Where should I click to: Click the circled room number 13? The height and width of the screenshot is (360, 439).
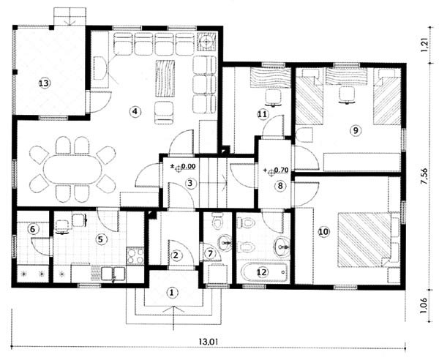coord(44,83)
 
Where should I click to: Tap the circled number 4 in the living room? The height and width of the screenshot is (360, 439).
coord(135,111)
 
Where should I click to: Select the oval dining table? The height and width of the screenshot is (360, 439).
coord(72,168)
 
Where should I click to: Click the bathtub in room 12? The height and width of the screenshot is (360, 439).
coord(264,272)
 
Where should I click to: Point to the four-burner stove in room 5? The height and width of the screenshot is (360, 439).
coord(135,256)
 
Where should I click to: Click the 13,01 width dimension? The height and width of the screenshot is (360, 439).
coord(209,342)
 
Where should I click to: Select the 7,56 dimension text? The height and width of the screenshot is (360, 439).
coord(424,176)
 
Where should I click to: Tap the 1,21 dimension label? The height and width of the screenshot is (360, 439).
coord(424,44)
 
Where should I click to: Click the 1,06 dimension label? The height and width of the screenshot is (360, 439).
coord(424,306)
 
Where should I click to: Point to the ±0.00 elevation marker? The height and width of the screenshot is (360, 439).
coord(184,167)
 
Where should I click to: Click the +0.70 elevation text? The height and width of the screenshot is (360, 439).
coord(276,170)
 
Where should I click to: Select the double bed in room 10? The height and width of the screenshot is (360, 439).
coord(364,239)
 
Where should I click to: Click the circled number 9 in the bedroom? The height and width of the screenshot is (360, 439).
coord(356,130)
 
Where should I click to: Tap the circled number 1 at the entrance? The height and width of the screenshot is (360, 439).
coord(172,293)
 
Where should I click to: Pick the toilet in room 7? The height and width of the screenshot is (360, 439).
coord(217,221)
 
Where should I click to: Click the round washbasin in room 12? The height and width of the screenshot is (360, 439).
coord(282,247)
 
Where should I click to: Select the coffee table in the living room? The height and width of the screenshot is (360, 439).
coord(165,78)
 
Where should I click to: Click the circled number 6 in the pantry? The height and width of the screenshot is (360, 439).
coord(32,230)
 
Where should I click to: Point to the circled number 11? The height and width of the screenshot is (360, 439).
coord(263,114)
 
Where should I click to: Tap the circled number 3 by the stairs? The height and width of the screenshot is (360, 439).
coord(190,184)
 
